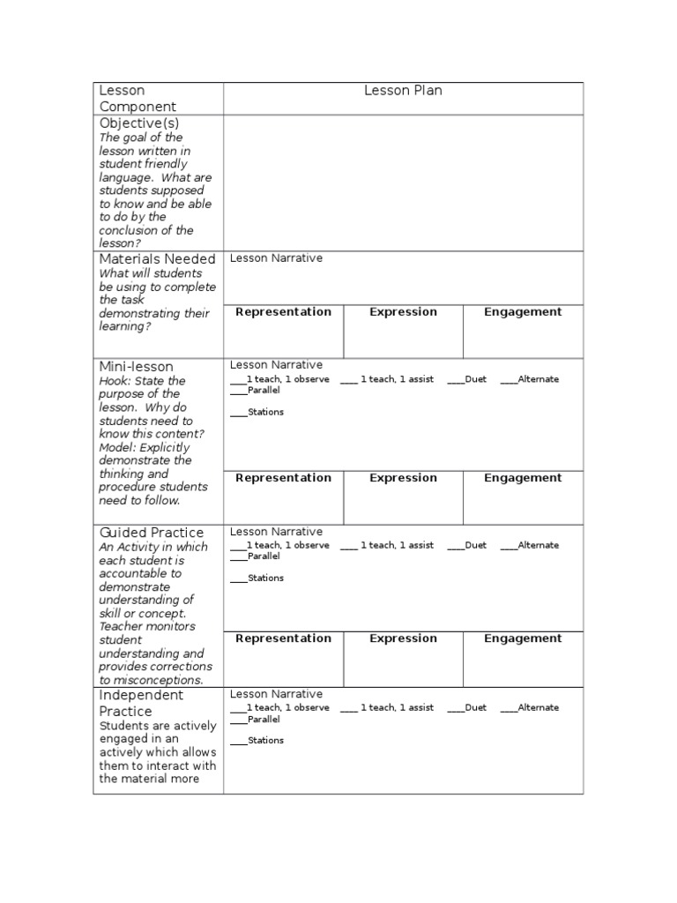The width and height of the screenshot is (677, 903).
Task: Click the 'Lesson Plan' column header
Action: click(403, 91)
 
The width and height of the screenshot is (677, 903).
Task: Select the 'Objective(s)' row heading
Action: click(138, 123)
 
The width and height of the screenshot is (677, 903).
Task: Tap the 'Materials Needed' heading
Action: click(157, 259)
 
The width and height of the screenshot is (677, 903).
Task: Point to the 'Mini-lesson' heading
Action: click(136, 367)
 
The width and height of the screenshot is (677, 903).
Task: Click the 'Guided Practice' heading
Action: click(151, 533)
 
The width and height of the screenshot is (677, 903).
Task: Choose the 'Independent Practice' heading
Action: click(141, 703)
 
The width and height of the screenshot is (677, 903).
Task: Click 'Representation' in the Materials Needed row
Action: click(283, 312)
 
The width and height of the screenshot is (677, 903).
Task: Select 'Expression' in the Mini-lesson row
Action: click(403, 478)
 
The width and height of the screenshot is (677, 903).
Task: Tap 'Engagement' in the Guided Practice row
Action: click(523, 638)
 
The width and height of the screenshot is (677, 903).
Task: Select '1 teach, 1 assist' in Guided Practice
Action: click(396, 546)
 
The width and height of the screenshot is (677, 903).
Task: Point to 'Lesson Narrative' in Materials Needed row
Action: click(276, 258)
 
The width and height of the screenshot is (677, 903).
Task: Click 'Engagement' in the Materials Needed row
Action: click(523, 312)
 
